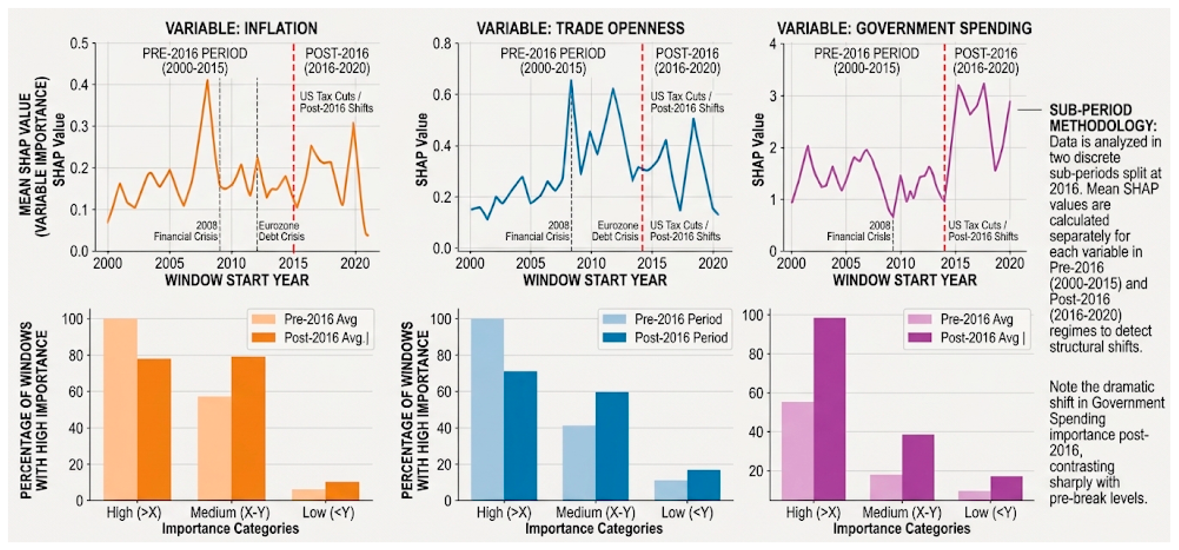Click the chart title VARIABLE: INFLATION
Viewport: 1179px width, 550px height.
point(241,28)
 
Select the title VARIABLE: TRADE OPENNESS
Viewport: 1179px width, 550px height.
point(580,28)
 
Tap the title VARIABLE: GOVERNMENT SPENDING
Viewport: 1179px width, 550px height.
point(904,28)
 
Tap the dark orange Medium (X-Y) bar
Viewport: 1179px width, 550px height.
point(248,428)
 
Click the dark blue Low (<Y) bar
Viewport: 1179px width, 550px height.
point(704,485)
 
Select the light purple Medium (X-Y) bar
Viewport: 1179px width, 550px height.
point(886,487)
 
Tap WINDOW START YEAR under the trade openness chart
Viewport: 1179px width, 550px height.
point(595,280)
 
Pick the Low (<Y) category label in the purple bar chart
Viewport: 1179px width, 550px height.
point(990,513)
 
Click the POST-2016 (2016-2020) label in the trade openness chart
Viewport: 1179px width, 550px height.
point(687,61)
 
